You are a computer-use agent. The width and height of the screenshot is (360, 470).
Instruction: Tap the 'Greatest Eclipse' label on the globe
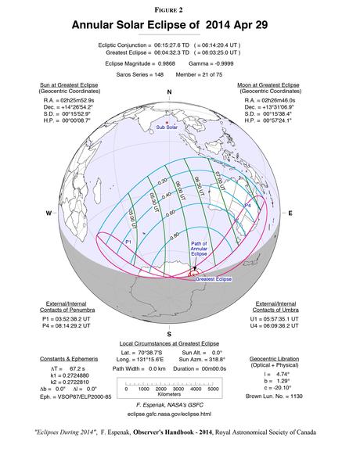click(x=214, y=278)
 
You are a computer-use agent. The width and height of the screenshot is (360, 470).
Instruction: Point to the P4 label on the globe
click(x=247, y=205)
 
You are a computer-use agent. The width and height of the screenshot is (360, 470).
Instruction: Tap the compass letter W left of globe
click(x=49, y=213)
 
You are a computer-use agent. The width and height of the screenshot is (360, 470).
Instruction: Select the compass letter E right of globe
click(x=290, y=213)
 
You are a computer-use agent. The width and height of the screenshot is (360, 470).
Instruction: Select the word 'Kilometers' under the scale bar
click(x=170, y=396)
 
